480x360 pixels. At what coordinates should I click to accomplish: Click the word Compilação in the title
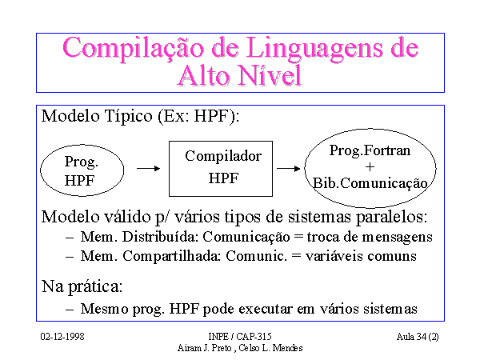click(x=133, y=49)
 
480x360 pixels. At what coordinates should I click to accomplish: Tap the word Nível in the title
click(x=270, y=75)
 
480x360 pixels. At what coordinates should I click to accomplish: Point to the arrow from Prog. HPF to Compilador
click(x=149, y=168)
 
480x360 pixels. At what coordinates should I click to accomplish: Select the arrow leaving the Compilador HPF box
click(x=288, y=168)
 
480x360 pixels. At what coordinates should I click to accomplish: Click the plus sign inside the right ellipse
click(x=370, y=167)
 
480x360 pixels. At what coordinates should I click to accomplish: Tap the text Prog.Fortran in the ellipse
click(x=370, y=150)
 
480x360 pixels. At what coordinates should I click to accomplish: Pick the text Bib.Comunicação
click(x=370, y=183)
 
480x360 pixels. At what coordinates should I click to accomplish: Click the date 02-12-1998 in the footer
click(x=62, y=337)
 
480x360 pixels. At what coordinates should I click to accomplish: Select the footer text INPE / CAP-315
click(x=240, y=337)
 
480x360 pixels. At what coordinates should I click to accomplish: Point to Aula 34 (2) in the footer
click(x=418, y=337)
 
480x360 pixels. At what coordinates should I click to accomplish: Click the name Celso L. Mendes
click(x=270, y=348)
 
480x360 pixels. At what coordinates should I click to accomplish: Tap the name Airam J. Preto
click(x=204, y=348)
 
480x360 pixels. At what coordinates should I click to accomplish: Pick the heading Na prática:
click(x=82, y=287)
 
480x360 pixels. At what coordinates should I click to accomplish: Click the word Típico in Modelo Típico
click(x=128, y=116)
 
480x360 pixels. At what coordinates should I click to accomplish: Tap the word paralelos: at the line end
click(x=391, y=217)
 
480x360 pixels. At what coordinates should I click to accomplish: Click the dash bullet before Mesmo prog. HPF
click(x=70, y=309)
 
